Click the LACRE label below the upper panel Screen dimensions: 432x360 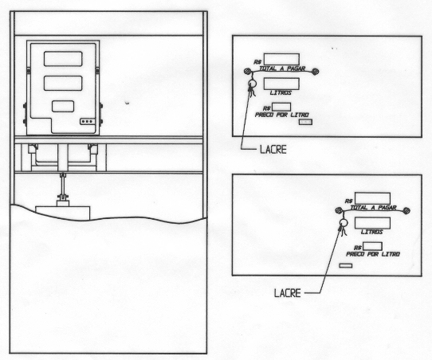pos(273,150)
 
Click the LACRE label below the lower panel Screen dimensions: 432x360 pos(288,293)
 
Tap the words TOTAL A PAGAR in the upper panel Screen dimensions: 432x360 pos(282,68)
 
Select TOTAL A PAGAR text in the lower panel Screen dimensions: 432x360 pos(373,208)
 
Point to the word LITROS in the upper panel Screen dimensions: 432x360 pos(281,92)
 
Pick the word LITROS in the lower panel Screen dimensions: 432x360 pos(372,232)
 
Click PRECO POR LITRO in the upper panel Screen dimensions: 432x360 pos(282,115)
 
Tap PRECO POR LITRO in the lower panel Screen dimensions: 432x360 pos(373,254)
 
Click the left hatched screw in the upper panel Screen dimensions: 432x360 pos(248,72)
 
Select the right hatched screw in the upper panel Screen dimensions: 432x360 pos(316,72)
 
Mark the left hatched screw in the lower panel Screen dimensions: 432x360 pos(339,211)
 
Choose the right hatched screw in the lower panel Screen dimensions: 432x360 pos(406,211)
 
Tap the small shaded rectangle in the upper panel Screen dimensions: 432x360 pos(306,122)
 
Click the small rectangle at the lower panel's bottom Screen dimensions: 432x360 pos(345,265)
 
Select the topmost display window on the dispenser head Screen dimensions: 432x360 pos(63,59)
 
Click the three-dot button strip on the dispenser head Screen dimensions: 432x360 pos(88,121)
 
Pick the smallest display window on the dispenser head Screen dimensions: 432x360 pos(63,106)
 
